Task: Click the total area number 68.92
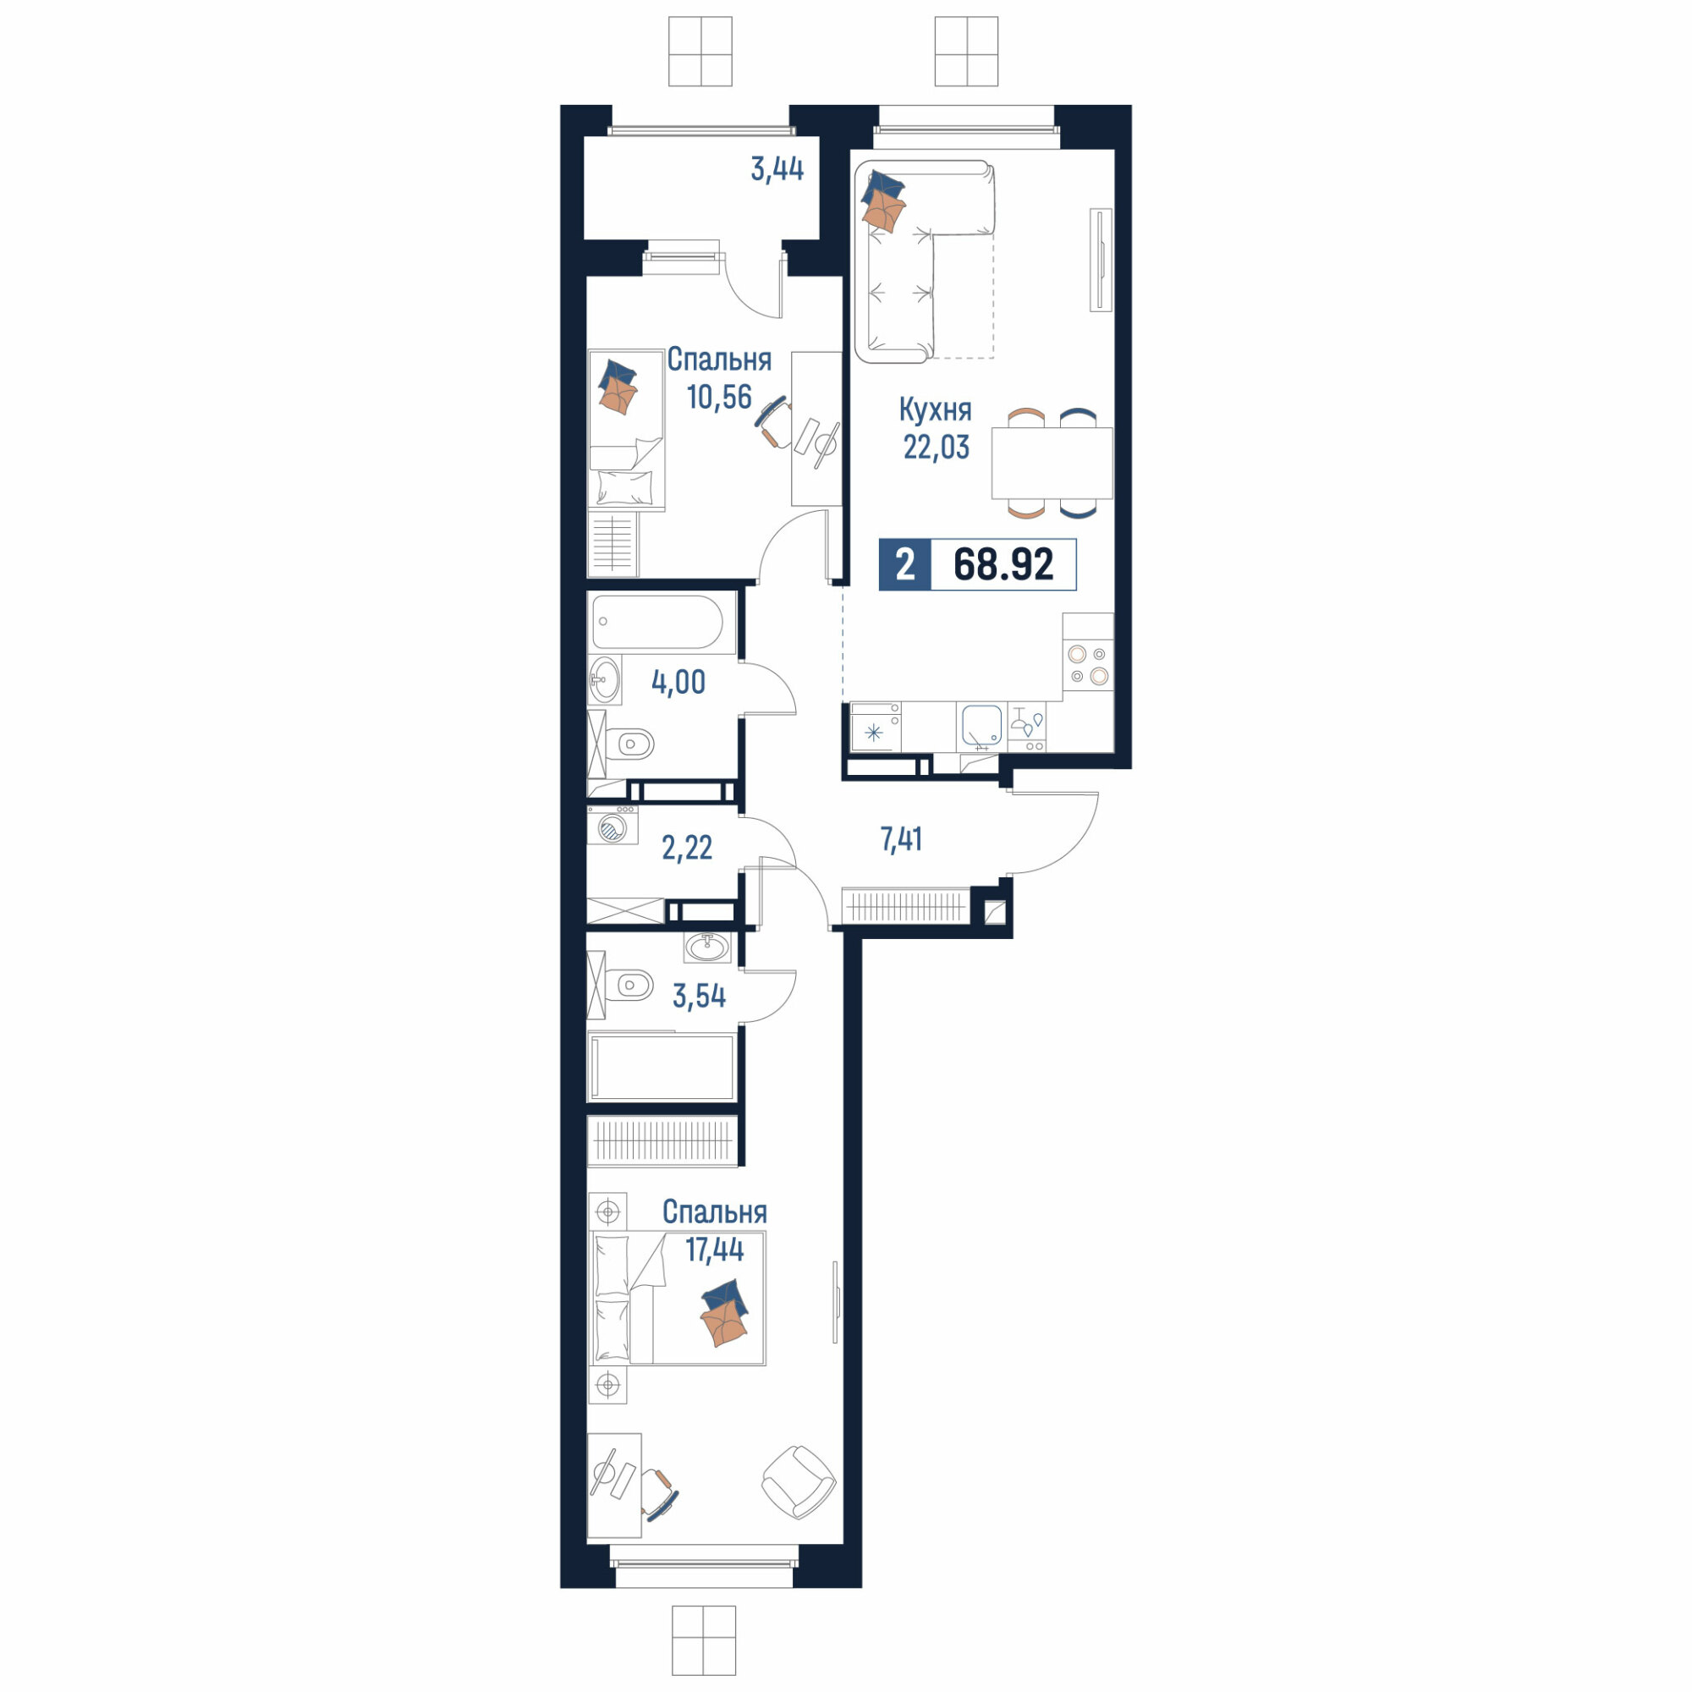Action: click(1003, 564)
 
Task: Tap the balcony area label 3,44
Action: click(777, 169)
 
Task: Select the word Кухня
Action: click(936, 409)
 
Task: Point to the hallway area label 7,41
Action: click(901, 839)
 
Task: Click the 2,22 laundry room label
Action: click(687, 847)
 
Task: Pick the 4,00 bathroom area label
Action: click(678, 681)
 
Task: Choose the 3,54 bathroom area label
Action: click(699, 996)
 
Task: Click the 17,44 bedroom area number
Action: click(715, 1250)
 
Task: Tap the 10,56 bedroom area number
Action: click(719, 397)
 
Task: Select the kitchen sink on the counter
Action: click(981, 726)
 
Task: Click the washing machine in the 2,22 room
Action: click(613, 825)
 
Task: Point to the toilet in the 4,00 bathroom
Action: click(629, 745)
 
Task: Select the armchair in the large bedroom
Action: click(799, 1482)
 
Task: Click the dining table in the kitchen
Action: click(1052, 464)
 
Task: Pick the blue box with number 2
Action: click(904, 565)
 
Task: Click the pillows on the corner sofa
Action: click(882, 201)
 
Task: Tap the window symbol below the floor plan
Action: click(704, 1640)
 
